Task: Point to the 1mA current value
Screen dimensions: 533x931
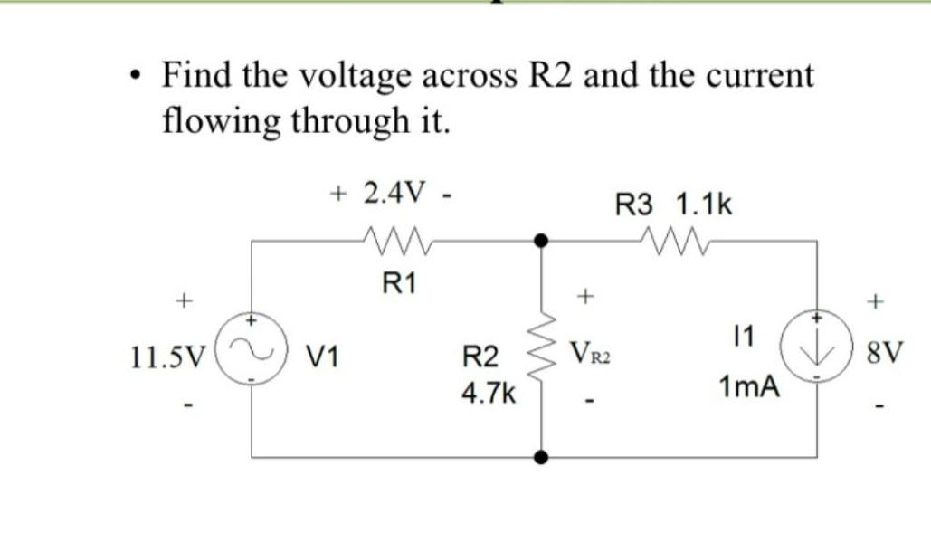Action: (748, 388)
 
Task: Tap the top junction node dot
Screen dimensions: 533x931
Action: (542, 241)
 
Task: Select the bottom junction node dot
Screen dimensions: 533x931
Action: (542, 458)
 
